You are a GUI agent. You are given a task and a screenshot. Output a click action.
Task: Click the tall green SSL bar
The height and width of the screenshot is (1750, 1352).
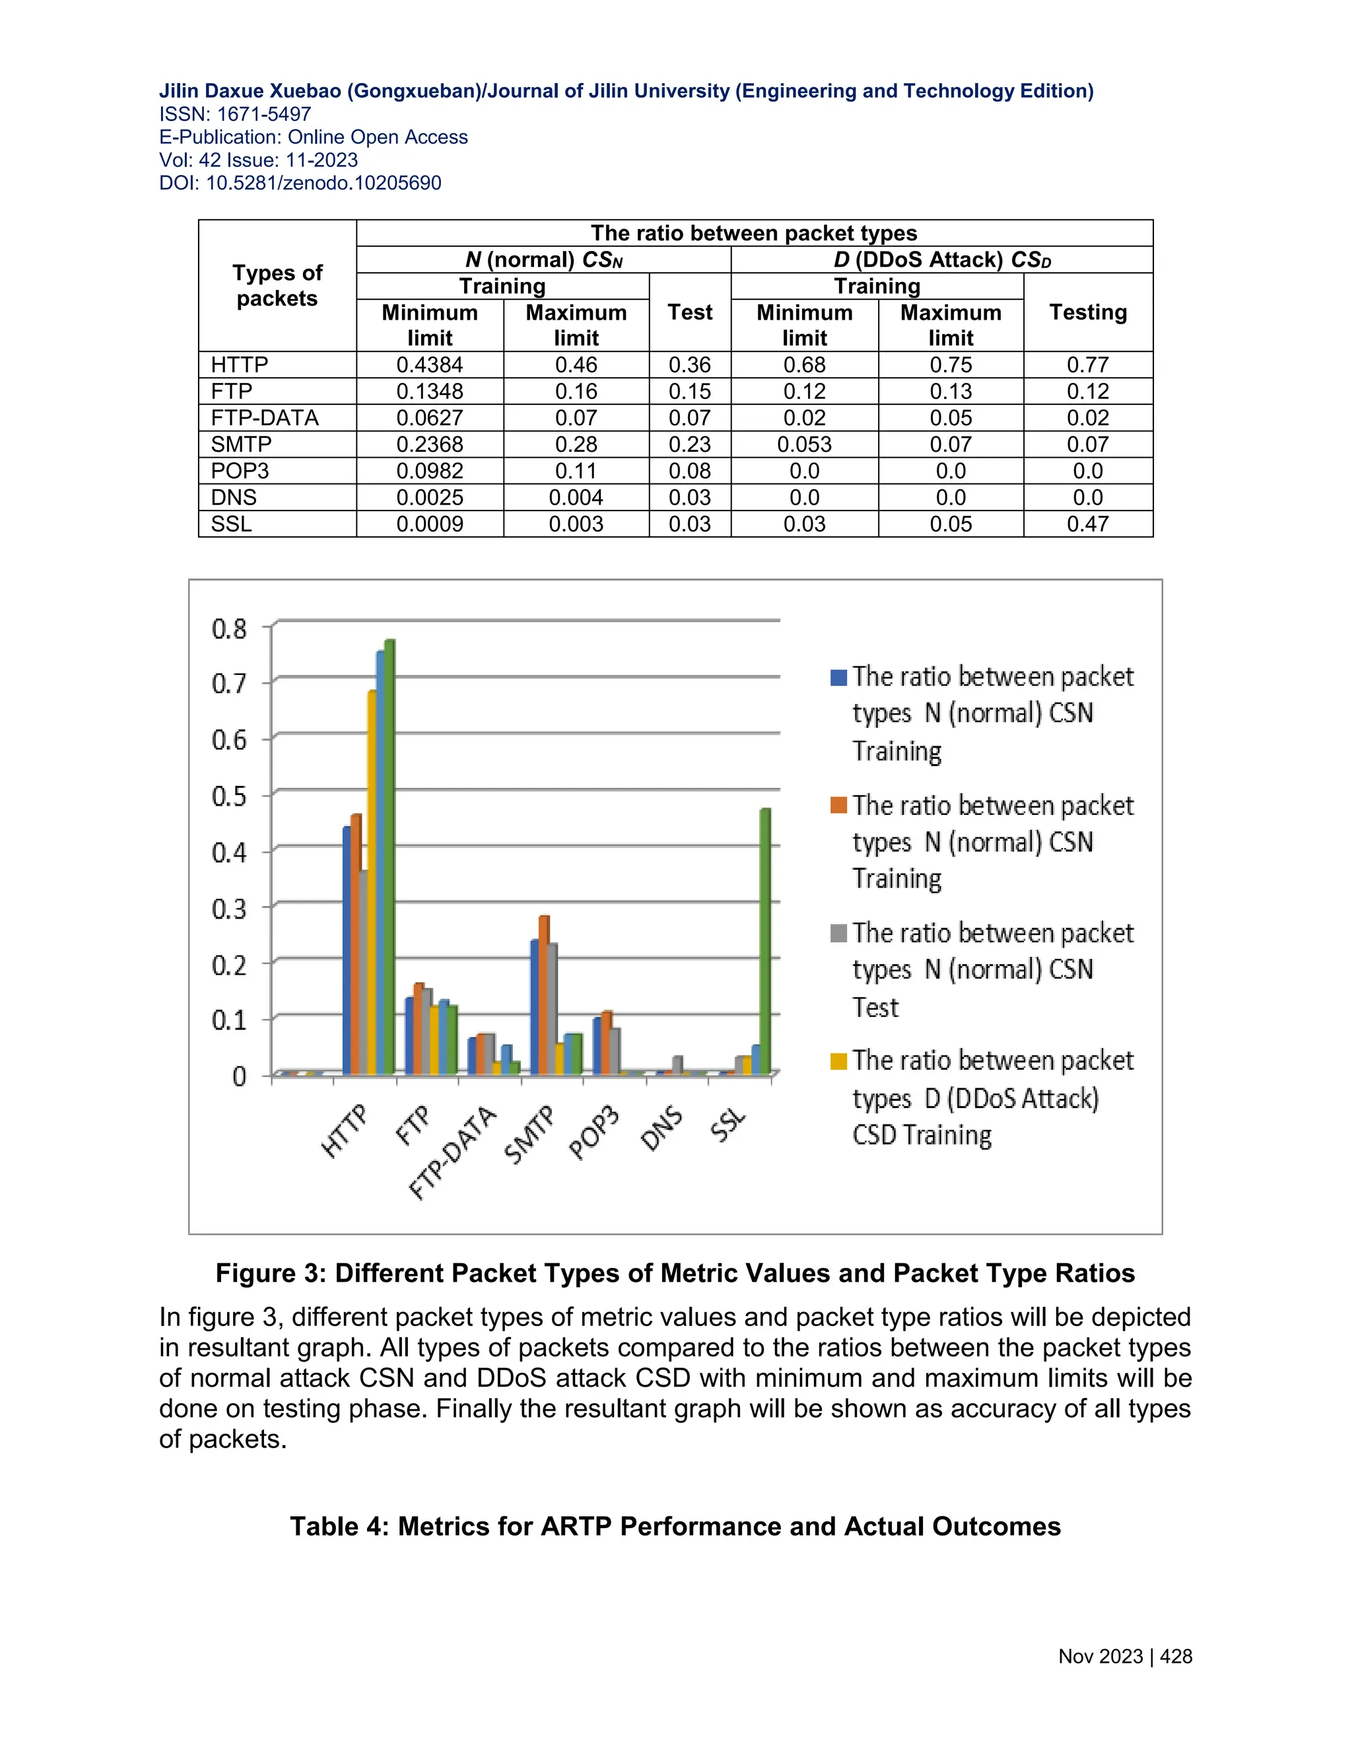tap(765, 942)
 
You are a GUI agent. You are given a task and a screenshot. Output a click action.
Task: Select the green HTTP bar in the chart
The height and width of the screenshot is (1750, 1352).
tap(390, 857)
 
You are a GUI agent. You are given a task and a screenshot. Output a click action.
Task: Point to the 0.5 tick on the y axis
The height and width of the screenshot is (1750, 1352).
tap(230, 796)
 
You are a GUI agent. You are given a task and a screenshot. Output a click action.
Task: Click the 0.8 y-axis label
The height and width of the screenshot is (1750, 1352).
tap(230, 628)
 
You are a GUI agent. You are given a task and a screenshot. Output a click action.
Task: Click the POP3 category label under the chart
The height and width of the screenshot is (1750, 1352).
tap(594, 1132)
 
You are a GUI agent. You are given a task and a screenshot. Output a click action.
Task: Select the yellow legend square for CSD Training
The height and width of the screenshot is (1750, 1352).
tap(838, 1062)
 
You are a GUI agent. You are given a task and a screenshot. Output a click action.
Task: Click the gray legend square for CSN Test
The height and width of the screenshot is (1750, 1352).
tap(838, 934)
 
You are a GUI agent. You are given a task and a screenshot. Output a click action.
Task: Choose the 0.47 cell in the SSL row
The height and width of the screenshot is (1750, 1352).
tap(1088, 524)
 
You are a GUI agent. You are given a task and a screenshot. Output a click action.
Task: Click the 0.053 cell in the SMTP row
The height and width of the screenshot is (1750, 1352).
tap(804, 444)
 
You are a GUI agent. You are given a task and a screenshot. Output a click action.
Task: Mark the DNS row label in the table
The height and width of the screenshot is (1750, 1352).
tap(234, 498)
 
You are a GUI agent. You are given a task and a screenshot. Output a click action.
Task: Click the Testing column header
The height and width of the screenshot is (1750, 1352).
tap(1088, 312)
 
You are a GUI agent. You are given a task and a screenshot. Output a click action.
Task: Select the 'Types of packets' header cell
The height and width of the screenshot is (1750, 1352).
tap(277, 285)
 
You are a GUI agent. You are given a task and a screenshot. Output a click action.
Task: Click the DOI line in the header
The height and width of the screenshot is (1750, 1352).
tap(300, 183)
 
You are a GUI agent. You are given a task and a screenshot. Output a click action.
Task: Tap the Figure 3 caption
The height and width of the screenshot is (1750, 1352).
tap(675, 1273)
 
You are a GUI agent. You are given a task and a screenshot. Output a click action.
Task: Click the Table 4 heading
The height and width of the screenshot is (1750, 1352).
tap(675, 1526)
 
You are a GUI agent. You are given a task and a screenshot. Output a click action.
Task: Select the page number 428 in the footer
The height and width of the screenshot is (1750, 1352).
tap(1176, 1656)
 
